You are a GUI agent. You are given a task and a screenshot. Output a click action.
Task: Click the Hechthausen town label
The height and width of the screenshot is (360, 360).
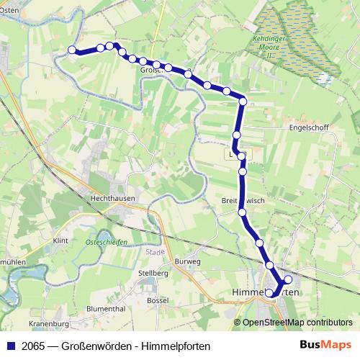coord(110,196)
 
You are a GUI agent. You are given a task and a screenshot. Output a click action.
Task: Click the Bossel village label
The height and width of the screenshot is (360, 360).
coord(157,299)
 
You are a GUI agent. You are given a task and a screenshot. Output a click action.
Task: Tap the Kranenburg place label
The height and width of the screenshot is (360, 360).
coord(48,324)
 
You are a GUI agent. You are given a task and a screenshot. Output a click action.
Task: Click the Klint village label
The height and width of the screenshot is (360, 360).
coord(60,241)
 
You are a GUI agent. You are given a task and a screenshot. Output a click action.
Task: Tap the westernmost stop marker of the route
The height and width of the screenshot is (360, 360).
coord(72,50)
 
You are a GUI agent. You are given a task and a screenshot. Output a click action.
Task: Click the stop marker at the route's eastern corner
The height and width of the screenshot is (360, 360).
coord(243,102)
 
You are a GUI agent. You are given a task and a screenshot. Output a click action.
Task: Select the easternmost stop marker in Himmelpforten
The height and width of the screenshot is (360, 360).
coord(288,279)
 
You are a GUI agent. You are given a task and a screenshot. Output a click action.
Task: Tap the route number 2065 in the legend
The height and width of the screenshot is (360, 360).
coord(32,346)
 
